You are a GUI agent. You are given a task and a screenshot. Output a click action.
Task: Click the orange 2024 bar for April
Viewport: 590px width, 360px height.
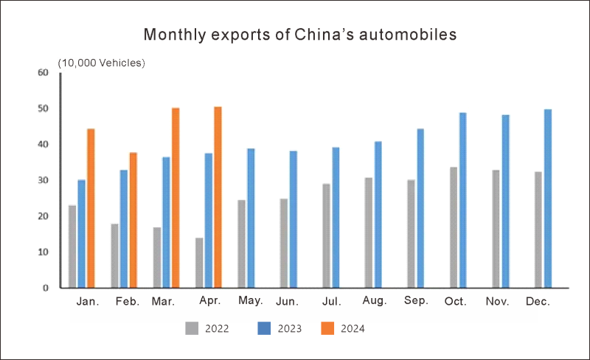point(218,198)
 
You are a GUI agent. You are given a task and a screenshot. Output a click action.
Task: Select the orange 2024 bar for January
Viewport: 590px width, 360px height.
point(91,208)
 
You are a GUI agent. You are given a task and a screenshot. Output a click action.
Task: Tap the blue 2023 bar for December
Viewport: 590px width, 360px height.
point(548,198)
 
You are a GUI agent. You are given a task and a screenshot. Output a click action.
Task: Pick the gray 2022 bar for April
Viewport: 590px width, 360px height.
point(199,263)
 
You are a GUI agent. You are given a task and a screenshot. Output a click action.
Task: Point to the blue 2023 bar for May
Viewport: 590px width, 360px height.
point(251,218)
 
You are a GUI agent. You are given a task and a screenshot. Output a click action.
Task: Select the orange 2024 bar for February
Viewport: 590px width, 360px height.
point(133,220)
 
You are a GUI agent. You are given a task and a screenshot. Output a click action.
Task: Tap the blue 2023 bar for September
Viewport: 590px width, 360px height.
point(420,208)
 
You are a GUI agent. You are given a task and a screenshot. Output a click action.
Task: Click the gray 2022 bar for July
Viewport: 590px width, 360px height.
point(326,235)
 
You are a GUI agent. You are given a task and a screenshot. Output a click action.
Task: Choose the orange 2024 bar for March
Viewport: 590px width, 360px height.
point(176,198)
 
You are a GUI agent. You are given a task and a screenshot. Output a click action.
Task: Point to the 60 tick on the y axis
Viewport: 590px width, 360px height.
point(43,72)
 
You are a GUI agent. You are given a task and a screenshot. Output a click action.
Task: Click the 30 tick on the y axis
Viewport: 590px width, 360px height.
point(43,180)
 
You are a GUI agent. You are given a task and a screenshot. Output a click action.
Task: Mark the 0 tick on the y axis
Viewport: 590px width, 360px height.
point(45,288)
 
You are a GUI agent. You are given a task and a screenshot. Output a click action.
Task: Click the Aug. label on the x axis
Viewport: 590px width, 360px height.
point(375,302)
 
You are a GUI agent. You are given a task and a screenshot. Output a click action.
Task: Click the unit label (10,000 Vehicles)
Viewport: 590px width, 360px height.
point(101,63)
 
